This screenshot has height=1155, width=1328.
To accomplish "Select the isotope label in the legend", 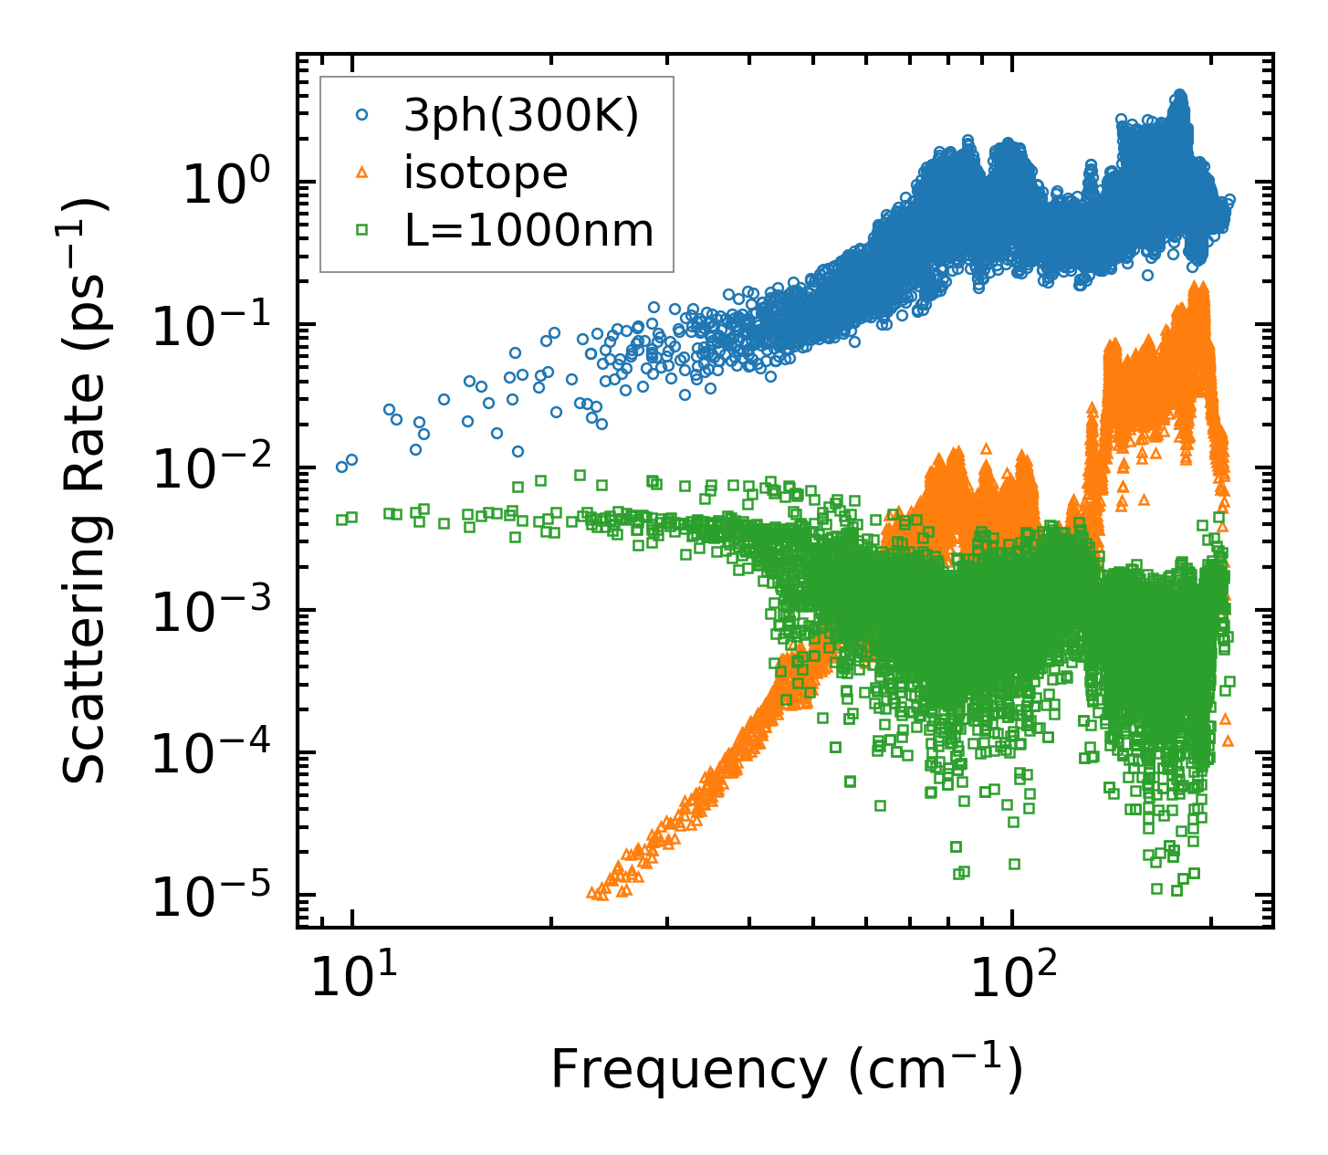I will click(486, 173).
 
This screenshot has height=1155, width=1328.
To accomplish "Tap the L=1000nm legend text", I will click(529, 231).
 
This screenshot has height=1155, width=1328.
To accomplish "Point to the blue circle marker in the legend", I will click(362, 115).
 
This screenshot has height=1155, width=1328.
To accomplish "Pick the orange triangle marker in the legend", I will click(362, 173).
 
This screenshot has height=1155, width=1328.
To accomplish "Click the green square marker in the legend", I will click(362, 231).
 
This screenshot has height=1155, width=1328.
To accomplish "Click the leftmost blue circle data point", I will click(341, 467).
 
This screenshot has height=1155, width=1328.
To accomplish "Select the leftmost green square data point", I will click(341, 520).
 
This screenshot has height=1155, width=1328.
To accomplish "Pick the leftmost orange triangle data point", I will click(591, 892).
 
